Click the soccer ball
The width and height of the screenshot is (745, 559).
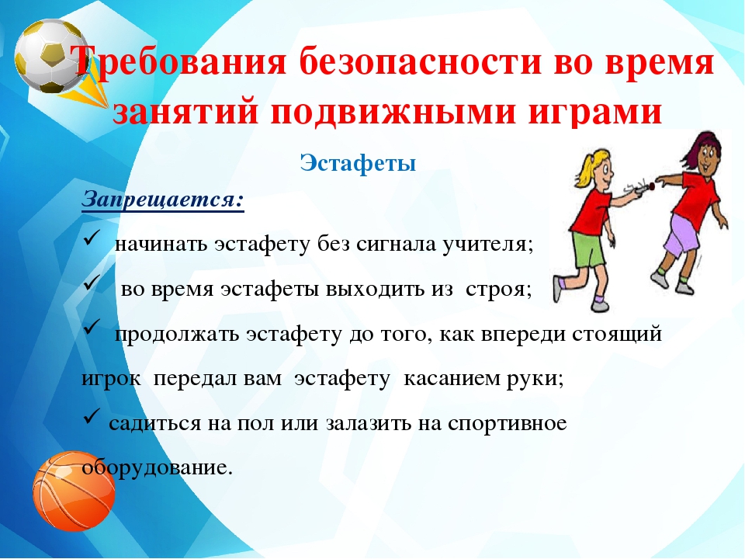pyautogui.click(x=51, y=56)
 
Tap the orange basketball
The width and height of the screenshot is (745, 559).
pyautogui.click(x=74, y=491)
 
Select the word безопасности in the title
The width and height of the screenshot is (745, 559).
pyautogui.click(x=420, y=61)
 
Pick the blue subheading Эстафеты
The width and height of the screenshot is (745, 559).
pyautogui.click(x=358, y=163)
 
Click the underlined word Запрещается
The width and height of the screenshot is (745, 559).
pyautogui.click(x=163, y=200)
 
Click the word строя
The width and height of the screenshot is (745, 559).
pyautogui.click(x=498, y=290)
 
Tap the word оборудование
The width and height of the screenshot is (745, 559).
pyautogui.click(x=158, y=468)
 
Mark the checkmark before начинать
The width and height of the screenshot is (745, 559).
pyautogui.click(x=92, y=236)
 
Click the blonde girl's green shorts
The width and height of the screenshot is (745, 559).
pyautogui.click(x=589, y=249)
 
